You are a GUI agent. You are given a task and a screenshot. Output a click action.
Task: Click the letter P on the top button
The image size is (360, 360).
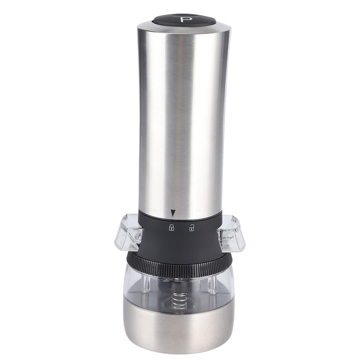pyautogui.click(x=184, y=19)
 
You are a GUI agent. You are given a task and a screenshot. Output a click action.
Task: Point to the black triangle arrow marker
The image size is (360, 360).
pyautogui.click(x=172, y=213)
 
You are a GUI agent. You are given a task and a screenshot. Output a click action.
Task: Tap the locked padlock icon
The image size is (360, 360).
pyautogui.click(x=172, y=228)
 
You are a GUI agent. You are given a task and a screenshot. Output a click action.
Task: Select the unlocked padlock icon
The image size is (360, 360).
pyautogui.click(x=191, y=228)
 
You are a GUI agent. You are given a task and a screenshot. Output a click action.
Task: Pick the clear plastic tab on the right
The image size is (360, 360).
pyautogui.click(x=231, y=232)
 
